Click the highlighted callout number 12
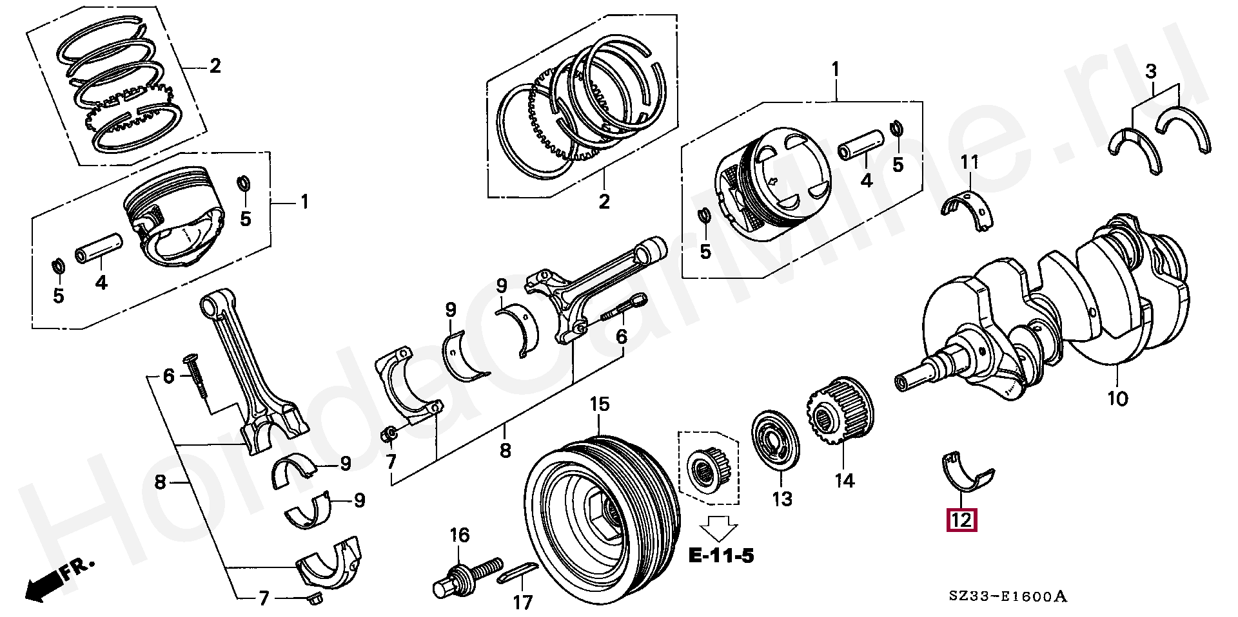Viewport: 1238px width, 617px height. [x=961, y=519]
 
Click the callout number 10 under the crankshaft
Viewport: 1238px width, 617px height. [x=1118, y=399]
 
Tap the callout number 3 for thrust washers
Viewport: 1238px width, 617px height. [x=1152, y=71]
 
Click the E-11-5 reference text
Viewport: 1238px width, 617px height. [x=721, y=555]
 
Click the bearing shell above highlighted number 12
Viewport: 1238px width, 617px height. [x=965, y=474]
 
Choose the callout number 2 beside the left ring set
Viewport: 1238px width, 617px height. [x=214, y=66]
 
